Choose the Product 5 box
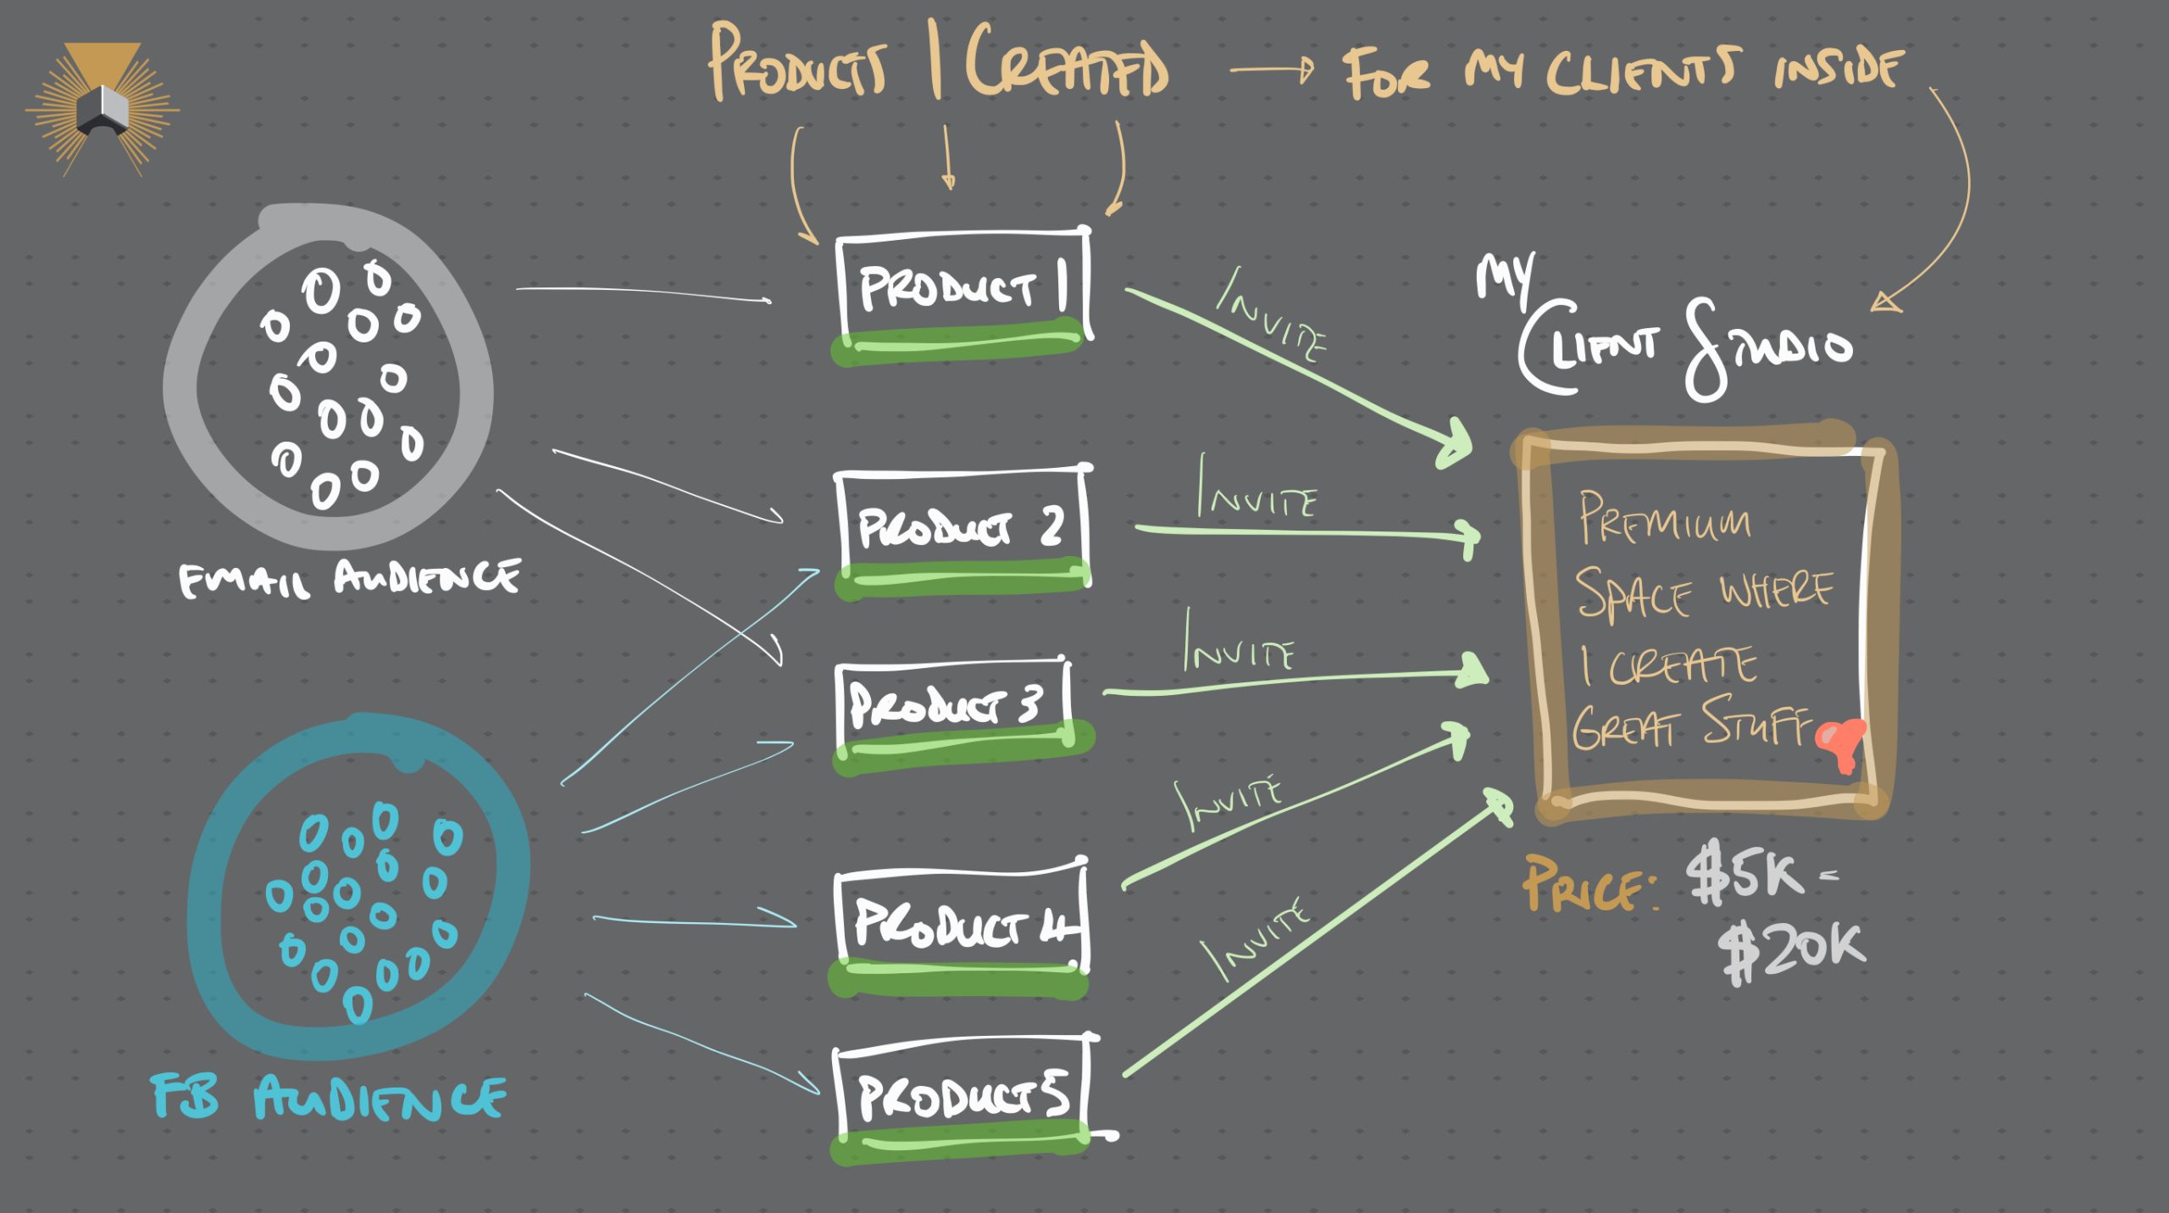(x=962, y=1095)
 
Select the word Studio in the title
(x=1767, y=348)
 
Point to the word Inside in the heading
(x=1838, y=68)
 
